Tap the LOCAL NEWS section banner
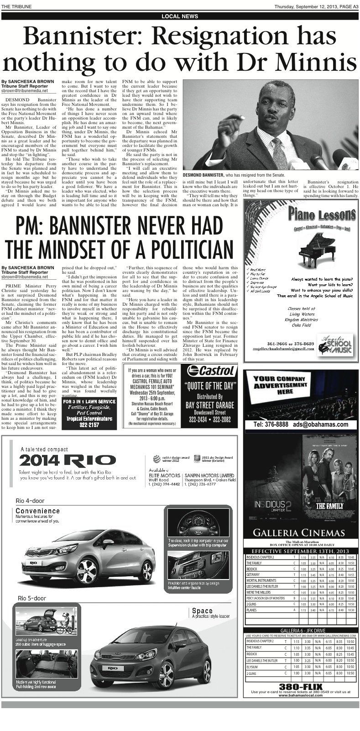point(180,16)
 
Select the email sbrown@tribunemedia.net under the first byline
point(25,91)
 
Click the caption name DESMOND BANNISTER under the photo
point(203,175)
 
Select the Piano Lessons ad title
point(322,214)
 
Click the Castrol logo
point(209,370)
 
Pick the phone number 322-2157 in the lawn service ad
point(89,425)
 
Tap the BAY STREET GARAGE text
point(209,405)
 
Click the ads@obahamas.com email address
point(320,424)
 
